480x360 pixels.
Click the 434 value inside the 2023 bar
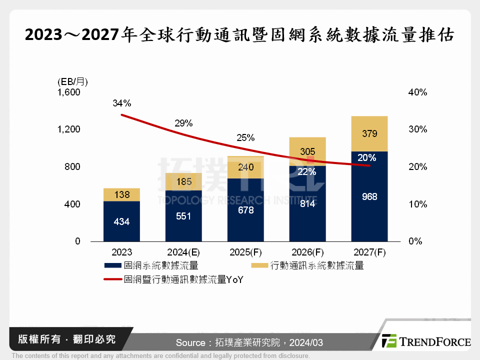pos(121,221)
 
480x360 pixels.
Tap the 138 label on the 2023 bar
pos(121,195)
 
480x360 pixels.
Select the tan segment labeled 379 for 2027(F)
pos(369,134)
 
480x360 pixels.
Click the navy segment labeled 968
pos(369,197)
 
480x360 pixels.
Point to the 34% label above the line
pos(121,103)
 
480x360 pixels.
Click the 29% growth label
pos(183,123)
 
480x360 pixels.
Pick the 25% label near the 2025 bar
pos(245,138)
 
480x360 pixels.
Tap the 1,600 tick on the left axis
pos(69,92)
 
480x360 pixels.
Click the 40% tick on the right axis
pos(417,92)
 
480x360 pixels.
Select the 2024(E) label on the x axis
pos(183,252)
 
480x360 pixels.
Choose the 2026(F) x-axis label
pos(307,252)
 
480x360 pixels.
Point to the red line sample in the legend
pos(113,280)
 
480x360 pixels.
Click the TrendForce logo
pos(425,341)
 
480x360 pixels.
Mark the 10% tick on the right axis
pos(417,204)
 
